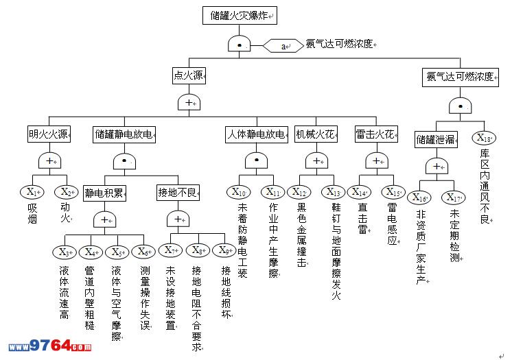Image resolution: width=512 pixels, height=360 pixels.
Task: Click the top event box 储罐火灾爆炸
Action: tap(240, 15)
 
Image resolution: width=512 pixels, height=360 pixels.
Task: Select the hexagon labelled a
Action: tap(283, 46)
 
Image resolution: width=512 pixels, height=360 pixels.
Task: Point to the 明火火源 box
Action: tap(49, 134)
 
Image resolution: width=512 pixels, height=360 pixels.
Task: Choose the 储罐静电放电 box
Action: tap(124, 134)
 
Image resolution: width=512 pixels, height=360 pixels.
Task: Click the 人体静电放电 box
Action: tap(256, 134)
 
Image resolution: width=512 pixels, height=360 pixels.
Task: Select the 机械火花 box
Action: tap(316, 134)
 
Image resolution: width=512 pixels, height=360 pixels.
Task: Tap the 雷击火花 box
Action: tap(375, 134)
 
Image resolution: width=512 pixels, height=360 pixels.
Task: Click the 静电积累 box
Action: tap(104, 192)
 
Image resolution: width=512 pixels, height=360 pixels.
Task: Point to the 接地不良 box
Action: tap(178, 192)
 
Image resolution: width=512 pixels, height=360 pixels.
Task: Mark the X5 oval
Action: tap(118, 252)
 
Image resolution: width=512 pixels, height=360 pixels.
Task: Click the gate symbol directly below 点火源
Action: tap(189, 103)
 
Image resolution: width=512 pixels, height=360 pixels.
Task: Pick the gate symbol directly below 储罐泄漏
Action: tap(437, 167)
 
